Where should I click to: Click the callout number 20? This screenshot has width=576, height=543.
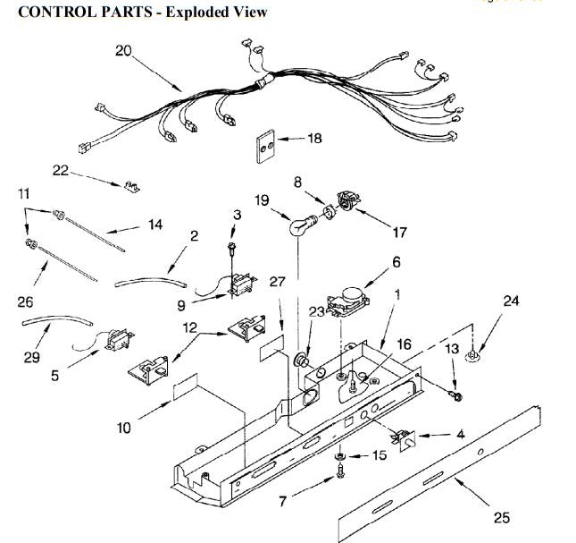[123, 51]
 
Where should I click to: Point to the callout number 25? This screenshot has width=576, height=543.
[501, 517]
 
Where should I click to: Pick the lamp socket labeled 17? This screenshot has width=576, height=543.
[344, 203]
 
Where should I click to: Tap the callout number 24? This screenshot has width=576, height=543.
[511, 301]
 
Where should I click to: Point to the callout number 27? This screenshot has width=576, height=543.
[278, 281]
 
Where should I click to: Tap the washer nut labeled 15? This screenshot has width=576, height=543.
[342, 457]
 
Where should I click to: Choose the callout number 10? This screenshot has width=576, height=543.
[125, 428]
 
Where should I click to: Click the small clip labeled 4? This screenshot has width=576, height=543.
[406, 437]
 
